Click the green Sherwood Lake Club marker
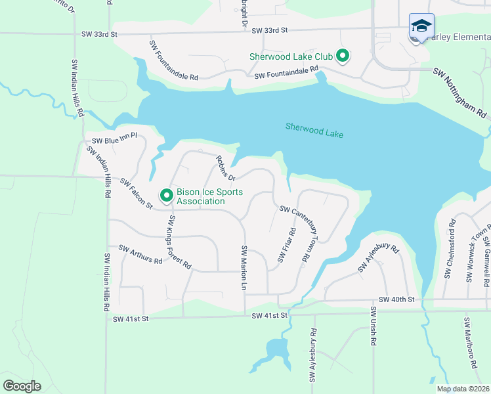342,56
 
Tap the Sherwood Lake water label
314,129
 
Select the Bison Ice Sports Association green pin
167,196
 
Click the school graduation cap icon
421,26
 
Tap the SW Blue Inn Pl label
114,139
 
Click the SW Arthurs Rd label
140,254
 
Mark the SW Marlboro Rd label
468,338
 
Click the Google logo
22,386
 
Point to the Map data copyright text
462,389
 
